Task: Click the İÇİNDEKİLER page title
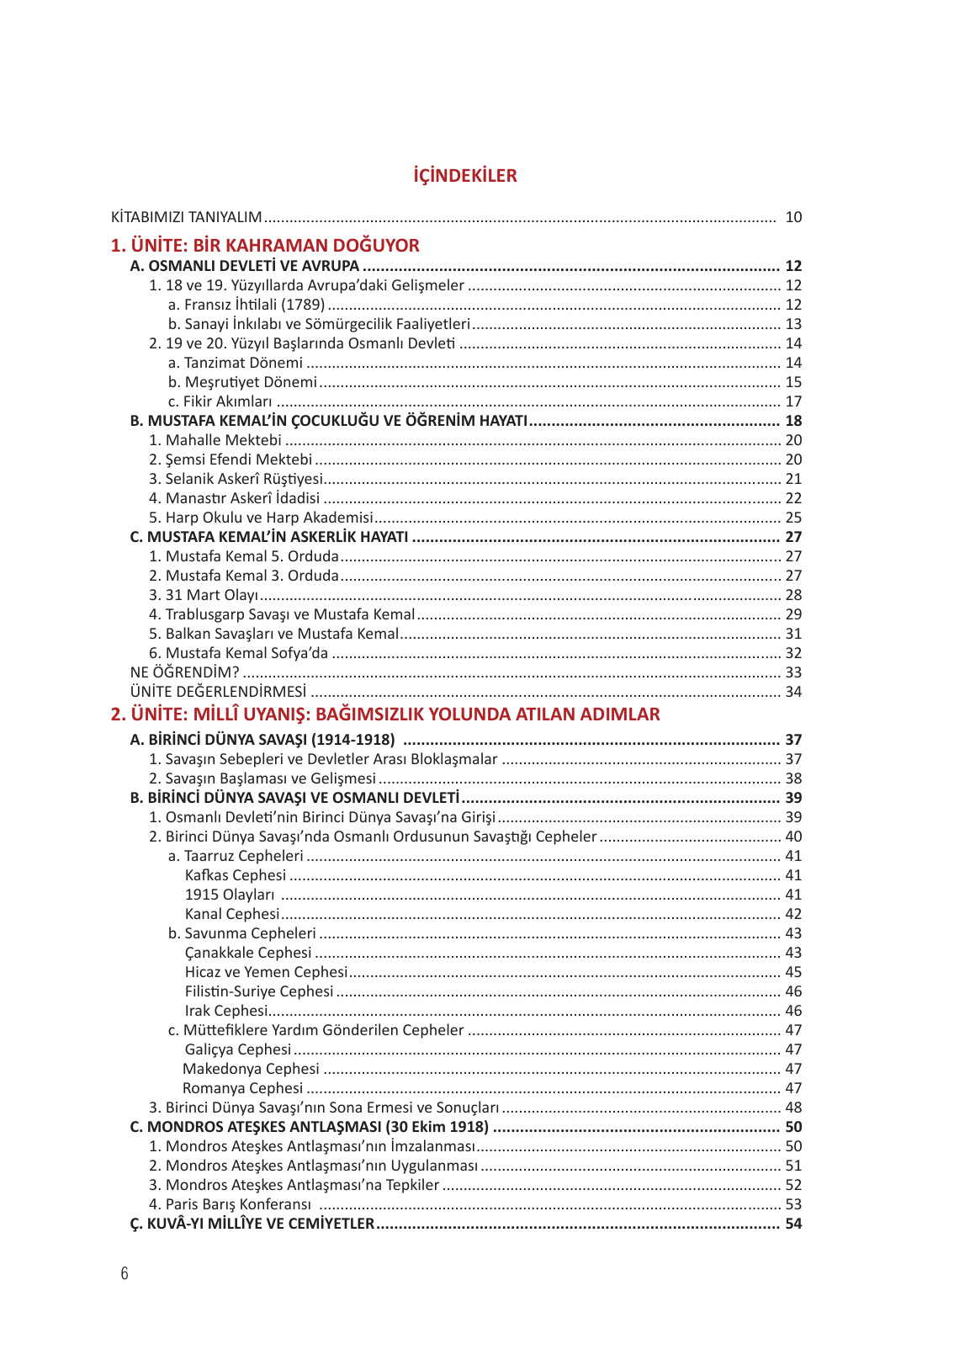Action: [x=464, y=176]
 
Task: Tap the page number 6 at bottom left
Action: [x=125, y=1272]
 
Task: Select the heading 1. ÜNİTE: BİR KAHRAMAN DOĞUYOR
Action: [x=265, y=246]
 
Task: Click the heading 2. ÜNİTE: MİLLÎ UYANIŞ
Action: [x=384, y=715]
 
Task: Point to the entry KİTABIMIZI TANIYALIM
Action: [x=186, y=217]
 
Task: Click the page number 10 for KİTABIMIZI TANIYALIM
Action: [x=793, y=217]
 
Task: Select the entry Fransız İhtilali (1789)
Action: [x=246, y=305]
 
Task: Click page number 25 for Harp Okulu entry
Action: [x=793, y=518]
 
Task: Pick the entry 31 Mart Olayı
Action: [x=204, y=595]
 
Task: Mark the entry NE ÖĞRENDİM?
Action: [x=184, y=672]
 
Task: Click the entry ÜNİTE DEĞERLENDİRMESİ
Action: [x=218, y=692]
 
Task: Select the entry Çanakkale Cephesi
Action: [x=248, y=953]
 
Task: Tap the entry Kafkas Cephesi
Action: [x=236, y=875]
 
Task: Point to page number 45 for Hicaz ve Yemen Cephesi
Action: [x=793, y=972]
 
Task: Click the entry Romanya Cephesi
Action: [x=242, y=1088]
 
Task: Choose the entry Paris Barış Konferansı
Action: [x=230, y=1204]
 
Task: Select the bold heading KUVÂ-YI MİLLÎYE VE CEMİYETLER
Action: [x=252, y=1224]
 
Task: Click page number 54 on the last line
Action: [x=793, y=1224]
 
